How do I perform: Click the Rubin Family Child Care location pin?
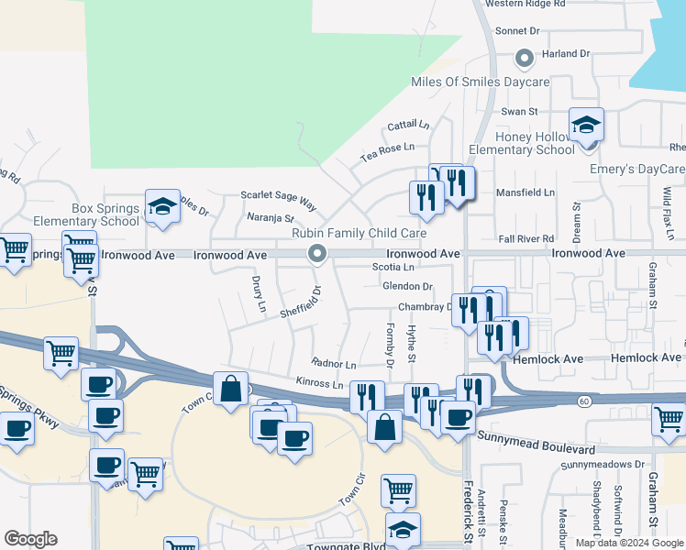point(318,253)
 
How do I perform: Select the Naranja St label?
point(271,218)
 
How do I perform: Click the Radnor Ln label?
point(334,364)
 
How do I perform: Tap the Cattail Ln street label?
point(408,125)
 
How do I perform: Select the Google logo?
point(30,539)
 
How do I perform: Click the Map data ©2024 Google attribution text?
point(628,543)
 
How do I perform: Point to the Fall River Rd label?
point(526,237)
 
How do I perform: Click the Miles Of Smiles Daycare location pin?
point(525,59)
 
